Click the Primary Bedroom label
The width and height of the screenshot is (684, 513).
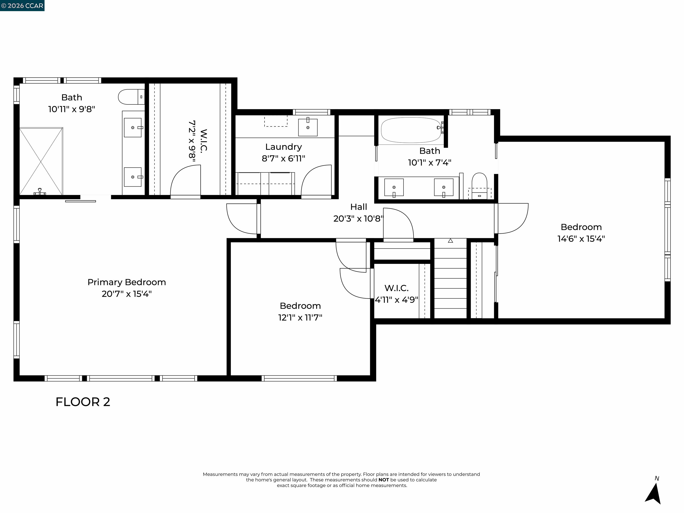tap(126, 282)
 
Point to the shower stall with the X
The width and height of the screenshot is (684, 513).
tap(41, 161)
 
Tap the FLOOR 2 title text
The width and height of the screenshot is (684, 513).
tap(83, 402)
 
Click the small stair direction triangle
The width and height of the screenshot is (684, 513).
tap(450, 240)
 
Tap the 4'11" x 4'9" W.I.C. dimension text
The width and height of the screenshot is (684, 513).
tap(396, 300)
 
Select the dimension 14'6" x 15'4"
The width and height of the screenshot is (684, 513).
tap(581, 239)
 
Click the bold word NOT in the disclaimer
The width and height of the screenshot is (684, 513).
tap(383, 480)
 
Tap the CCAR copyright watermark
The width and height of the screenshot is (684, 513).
tap(22, 6)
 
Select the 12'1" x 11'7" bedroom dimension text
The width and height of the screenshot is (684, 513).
tap(300, 318)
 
